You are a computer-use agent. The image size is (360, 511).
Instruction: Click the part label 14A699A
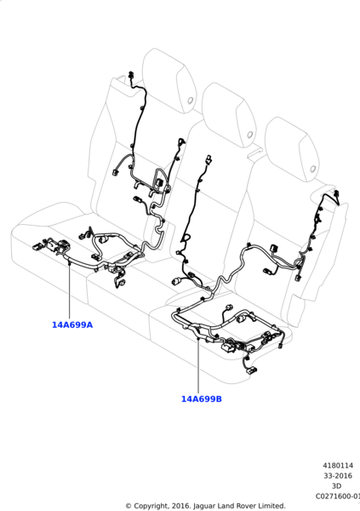point(72,325)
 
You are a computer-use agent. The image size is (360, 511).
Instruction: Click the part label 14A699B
point(202,399)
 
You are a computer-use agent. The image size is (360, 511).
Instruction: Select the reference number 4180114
point(338,465)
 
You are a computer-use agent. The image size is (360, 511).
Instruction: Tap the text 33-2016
point(338,476)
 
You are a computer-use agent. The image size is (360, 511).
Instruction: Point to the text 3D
point(336,486)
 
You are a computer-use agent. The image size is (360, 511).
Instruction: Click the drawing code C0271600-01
point(338,497)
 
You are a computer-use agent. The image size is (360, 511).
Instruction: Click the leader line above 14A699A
point(70,290)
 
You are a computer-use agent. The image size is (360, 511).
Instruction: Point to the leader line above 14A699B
point(198,365)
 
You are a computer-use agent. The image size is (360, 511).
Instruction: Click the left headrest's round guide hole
point(191,100)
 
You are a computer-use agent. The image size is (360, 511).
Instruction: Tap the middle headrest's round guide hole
point(250,135)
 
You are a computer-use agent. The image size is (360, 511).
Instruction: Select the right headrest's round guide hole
point(312,169)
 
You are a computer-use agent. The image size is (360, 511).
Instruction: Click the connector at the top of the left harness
point(131,75)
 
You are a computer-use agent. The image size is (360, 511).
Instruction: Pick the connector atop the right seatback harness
point(336,194)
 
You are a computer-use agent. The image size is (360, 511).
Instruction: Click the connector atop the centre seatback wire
point(208,160)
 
